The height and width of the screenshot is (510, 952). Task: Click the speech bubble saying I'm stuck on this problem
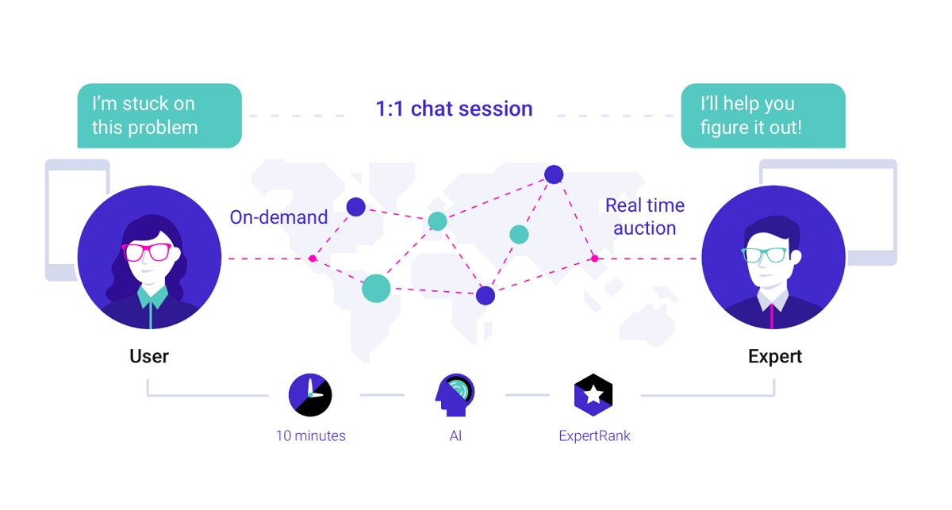[x=159, y=116]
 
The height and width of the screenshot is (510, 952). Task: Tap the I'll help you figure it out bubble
[x=762, y=116]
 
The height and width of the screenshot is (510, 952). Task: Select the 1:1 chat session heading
[x=454, y=109]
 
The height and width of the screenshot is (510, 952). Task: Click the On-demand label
[x=278, y=217]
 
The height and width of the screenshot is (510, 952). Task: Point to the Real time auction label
[x=644, y=217]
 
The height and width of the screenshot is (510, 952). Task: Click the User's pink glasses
[x=147, y=253]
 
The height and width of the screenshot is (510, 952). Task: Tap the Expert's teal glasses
[x=764, y=255]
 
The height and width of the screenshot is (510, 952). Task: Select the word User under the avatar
[x=149, y=356]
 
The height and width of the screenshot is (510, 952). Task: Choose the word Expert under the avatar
[x=775, y=356]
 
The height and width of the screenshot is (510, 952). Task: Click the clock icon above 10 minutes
[x=309, y=394]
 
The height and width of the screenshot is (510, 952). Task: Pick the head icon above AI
[x=454, y=394]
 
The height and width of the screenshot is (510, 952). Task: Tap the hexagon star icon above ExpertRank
[x=593, y=394]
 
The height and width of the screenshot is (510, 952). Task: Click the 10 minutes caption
[x=310, y=435]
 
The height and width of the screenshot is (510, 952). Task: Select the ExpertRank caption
[x=594, y=435]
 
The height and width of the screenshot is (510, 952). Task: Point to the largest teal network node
[x=376, y=287]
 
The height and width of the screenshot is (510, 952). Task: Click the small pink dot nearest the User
[x=313, y=259]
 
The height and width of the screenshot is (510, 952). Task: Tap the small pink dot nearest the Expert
[x=594, y=258]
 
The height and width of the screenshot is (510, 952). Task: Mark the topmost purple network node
[x=554, y=174]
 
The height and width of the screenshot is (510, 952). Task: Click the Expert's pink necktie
[x=772, y=314]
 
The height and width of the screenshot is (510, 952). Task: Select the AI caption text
[x=455, y=435]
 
